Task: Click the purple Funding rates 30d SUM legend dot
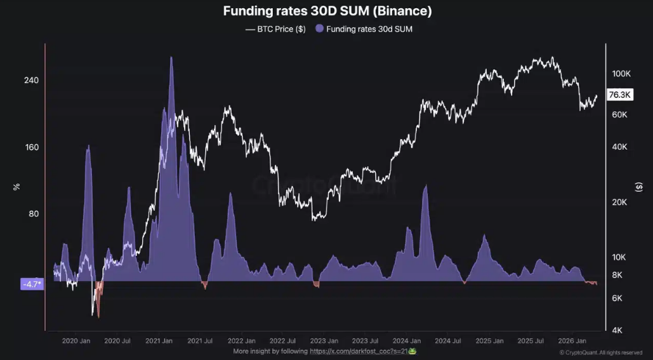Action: coord(319,29)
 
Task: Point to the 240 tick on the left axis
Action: coord(31,80)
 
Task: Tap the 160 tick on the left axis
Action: coord(31,147)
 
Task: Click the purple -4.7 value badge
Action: coord(32,284)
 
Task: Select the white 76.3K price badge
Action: coord(619,95)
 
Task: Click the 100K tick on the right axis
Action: coord(621,74)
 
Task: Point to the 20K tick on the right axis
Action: coord(619,203)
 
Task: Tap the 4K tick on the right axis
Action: coord(617,330)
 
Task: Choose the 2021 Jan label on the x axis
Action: coord(159,341)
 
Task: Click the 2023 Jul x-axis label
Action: coord(365,341)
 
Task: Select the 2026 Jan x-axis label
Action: coord(572,341)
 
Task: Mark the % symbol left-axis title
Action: coord(17,187)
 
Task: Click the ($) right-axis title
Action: coord(638,187)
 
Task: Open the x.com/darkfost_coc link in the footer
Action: coord(359,351)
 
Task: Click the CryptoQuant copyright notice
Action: coord(601,352)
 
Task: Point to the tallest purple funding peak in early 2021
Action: coord(171,58)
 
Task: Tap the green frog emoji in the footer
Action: coord(412,351)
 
